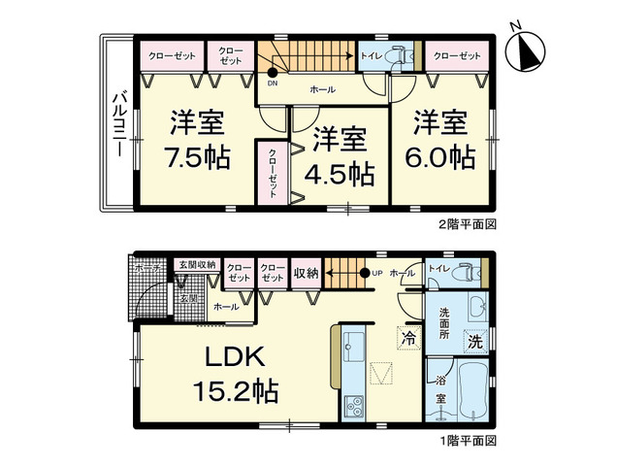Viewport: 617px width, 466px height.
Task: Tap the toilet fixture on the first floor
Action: (469, 271)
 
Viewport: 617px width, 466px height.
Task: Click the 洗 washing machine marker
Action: (474, 341)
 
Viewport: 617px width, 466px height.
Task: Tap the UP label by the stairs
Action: (378, 273)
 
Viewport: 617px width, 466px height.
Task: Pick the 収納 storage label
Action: (307, 272)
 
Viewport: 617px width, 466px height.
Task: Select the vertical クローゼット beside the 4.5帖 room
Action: (272, 173)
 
